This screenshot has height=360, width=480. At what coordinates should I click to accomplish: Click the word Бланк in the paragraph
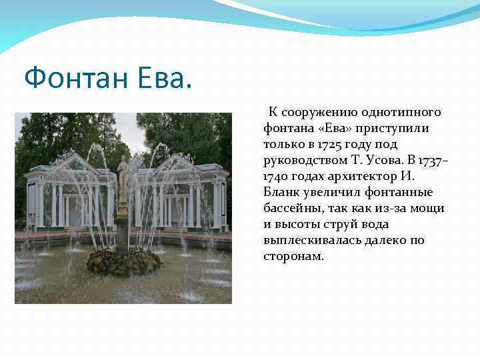tap(281, 192)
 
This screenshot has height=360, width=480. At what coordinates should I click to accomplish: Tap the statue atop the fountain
tap(123, 177)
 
